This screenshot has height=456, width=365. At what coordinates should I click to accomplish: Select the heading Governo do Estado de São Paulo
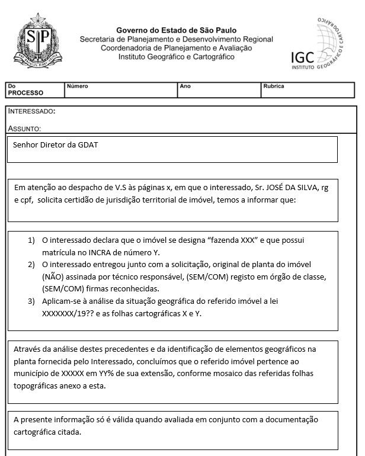[x=176, y=30]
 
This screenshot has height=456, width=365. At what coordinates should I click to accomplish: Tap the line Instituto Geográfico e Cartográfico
[x=176, y=57]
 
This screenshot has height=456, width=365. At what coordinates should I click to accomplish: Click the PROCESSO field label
[x=25, y=93]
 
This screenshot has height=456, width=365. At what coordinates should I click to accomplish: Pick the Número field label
[x=77, y=86]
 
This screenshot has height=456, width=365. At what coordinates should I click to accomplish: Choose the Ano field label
[x=185, y=86]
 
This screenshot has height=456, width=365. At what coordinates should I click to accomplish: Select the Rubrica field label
[x=273, y=86]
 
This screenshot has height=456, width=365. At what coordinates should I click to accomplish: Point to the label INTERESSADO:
[x=32, y=111]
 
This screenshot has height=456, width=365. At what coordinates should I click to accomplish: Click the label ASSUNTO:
[x=24, y=128]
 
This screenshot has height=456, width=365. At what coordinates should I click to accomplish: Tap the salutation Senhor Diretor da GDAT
[x=51, y=145]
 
